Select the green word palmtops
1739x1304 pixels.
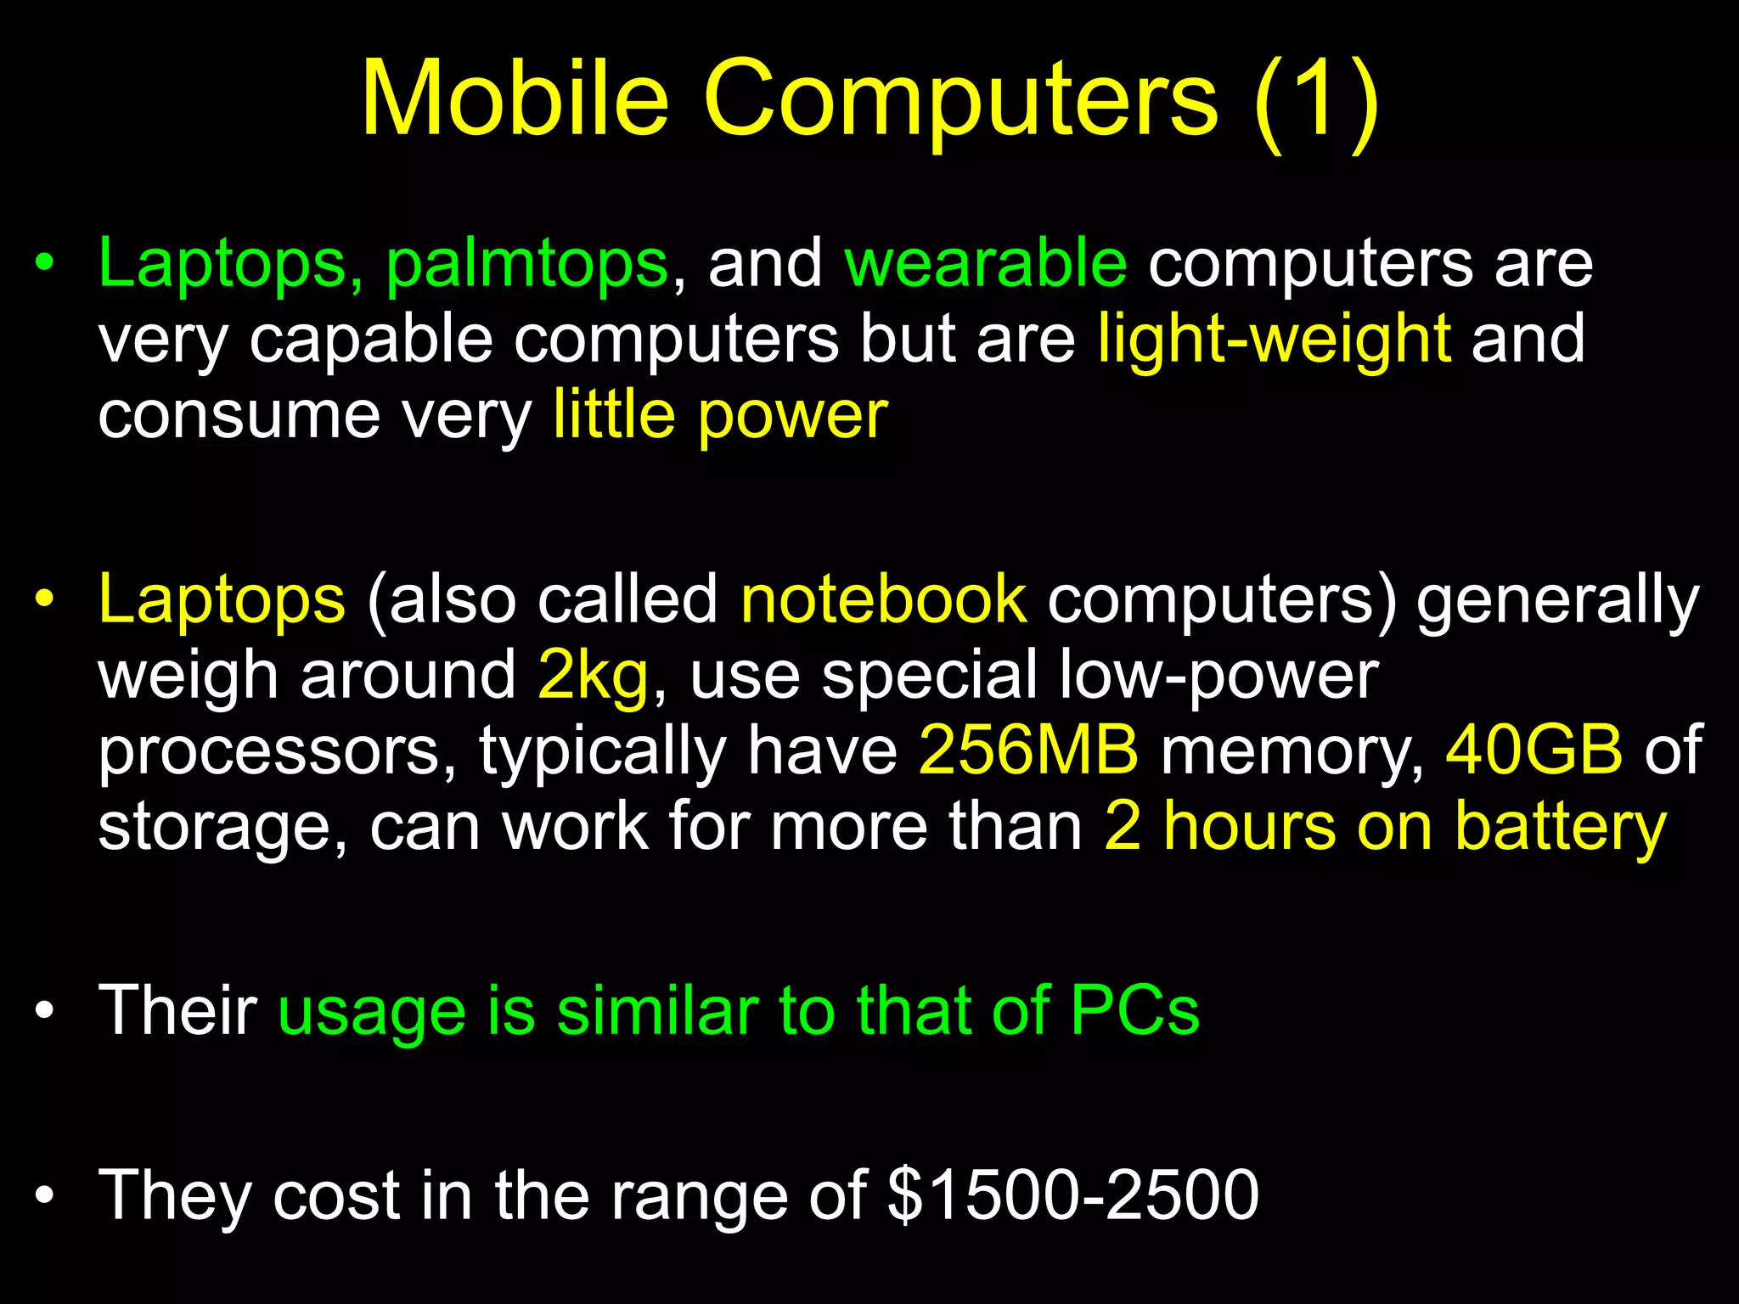(x=526, y=265)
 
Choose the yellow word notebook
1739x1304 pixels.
(x=884, y=599)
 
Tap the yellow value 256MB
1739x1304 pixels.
(x=1028, y=750)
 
